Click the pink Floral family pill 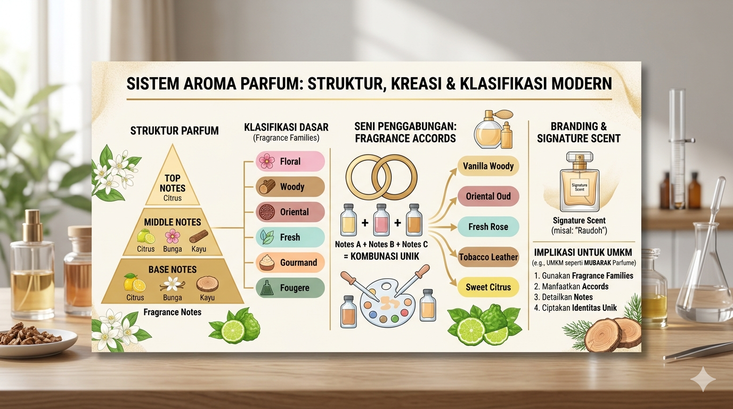[x=290, y=161]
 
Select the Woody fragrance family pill [x=290, y=187]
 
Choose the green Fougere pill [x=290, y=288]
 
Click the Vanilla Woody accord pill [x=488, y=166]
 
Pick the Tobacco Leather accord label [x=488, y=257]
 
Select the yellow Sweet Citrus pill [x=488, y=287]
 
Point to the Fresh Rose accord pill [x=488, y=227]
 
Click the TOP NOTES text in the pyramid [x=173, y=183]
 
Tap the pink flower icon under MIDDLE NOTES [x=173, y=236]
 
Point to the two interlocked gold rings [x=381, y=177]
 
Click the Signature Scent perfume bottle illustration [x=580, y=182]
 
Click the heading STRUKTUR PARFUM [x=174, y=131]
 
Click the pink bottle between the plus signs [x=381, y=219]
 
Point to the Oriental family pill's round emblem [x=267, y=212]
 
